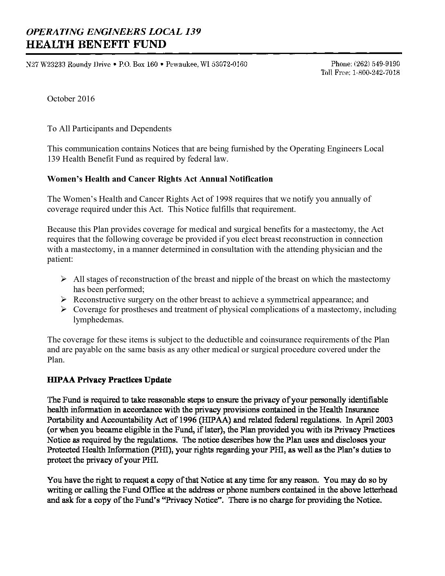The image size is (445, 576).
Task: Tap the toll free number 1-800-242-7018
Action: [x=375, y=72]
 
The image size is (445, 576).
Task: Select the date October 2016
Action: [x=71, y=99]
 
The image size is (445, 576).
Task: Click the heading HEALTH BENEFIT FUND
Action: [x=96, y=44]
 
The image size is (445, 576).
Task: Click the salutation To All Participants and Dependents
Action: [x=109, y=128]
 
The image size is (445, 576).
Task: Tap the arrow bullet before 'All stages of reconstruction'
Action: [x=63, y=279]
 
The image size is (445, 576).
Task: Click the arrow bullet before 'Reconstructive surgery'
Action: [x=63, y=299]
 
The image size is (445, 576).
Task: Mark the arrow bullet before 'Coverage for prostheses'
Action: [x=63, y=309]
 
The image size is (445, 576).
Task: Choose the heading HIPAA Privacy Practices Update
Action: [x=109, y=380]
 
